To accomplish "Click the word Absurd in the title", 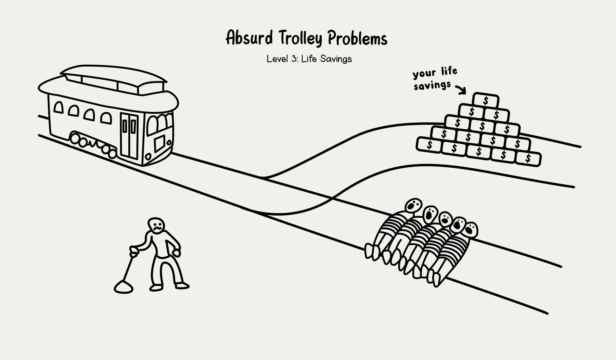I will tap(249, 38).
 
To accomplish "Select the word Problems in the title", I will tap(357, 38).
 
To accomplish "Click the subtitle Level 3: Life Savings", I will tap(309, 59).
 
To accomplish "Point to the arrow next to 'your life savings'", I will tap(461, 89).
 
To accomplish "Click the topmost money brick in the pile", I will tap(485, 100).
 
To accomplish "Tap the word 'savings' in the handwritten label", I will tap(432, 85).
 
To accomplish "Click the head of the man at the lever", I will tap(156, 226).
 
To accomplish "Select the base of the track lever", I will tap(123, 287).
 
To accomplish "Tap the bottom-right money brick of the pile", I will tap(528, 158).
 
